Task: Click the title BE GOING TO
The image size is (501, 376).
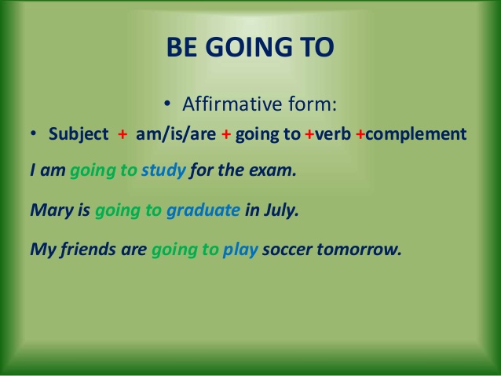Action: tap(251, 47)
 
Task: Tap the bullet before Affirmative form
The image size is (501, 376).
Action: tap(166, 103)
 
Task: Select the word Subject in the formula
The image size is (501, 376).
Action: tap(79, 134)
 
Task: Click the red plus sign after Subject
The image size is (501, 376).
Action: tap(123, 134)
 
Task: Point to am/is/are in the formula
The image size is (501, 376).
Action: tap(176, 134)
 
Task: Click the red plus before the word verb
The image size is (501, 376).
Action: tap(309, 134)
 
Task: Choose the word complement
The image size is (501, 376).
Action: tap(415, 134)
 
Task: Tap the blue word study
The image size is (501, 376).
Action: tap(163, 170)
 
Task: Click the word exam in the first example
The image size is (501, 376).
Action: tap(272, 170)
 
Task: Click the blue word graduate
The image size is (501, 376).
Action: tap(203, 210)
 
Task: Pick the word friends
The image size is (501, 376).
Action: tap(88, 249)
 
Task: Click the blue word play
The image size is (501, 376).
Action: tap(240, 250)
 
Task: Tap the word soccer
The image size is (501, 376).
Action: tap(287, 250)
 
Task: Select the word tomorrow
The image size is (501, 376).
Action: tap(359, 249)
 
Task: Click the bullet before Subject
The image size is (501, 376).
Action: tap(33, 134)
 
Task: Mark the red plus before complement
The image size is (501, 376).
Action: tap(360, 134)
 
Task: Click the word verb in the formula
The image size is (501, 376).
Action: tap(333, 134)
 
